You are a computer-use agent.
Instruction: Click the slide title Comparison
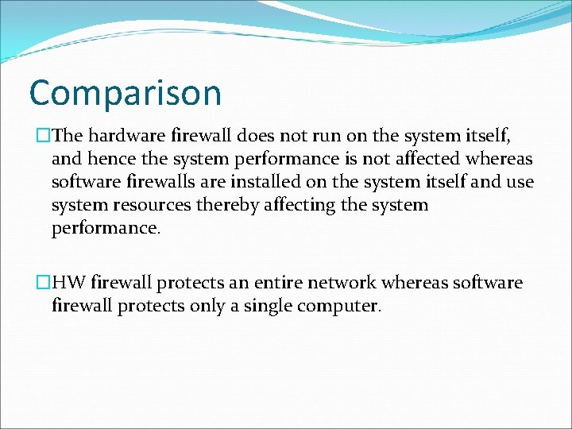point(125,94)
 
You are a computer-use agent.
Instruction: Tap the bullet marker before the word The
point(44,136)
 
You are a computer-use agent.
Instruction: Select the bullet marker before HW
point(44,283)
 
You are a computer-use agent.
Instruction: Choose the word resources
point(150,205)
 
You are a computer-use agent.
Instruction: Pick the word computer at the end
point(338,306)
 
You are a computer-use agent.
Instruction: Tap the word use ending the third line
point(519,182)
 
